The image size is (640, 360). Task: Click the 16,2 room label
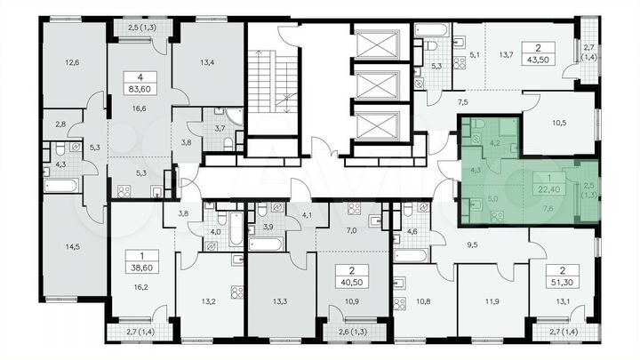(139, 288)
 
